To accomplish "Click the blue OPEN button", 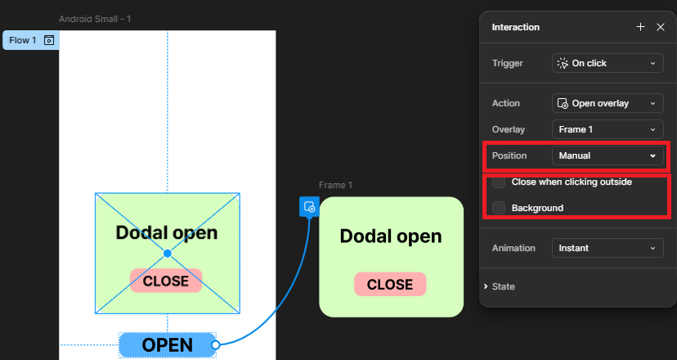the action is tap(167, 345).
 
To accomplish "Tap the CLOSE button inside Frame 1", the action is tap(390, 285).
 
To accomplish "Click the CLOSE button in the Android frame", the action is tap(166, 281).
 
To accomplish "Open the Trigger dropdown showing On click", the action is tap(608, 63).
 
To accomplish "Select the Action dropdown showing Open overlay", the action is tap(608, 104).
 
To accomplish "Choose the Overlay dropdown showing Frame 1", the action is tap(608, 129).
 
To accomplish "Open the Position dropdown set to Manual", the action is tap(608, 155).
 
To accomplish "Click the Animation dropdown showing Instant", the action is tap(608, 248).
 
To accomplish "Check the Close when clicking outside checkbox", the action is tap(499, 182).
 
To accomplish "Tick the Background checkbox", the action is tap(499, 208).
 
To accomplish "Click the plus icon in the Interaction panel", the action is tap(640, 27).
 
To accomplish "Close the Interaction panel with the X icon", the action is tap(661, 27).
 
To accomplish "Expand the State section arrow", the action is tap(486, 286).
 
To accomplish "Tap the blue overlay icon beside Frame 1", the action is tap(309, 207).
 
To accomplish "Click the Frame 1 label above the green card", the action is tap(336, 186).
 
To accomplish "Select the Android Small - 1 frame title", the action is tap(94, 19).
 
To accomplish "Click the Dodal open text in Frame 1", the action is tap(391, 236).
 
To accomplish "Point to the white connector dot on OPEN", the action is tap(216, 345).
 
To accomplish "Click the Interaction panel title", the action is tap(515, 27).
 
